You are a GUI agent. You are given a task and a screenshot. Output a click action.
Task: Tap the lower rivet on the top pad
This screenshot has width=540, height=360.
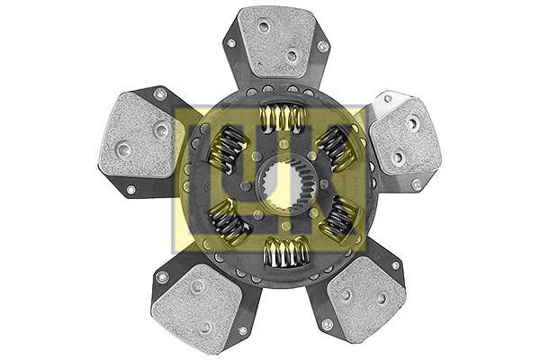(x=291, y=56)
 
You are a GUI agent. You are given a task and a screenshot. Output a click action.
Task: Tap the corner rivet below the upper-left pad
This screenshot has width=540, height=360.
(x=130, y=190)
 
